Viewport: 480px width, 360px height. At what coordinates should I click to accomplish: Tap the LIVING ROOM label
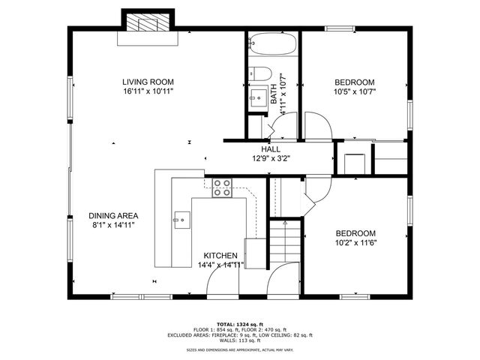(x=149, y=82)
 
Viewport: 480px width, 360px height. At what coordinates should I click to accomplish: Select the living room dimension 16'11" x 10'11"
(x=149, y=91)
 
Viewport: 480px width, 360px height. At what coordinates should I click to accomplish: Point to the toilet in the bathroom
(x=259, y=73)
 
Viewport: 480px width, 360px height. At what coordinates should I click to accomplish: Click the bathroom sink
(x=259, y=97)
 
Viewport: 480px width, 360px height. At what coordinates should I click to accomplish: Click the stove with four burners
(x=221, y=187)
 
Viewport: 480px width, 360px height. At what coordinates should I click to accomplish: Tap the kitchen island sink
(x=181, y=219)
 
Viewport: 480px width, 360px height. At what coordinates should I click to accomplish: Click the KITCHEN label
(x=218, y=255)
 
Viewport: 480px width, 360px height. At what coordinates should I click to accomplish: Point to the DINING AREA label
(x=113, y=215)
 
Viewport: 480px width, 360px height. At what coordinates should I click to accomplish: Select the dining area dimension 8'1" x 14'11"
(x=113, y=225)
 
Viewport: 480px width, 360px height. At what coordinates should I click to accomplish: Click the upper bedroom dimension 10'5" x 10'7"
(x=355, y=92)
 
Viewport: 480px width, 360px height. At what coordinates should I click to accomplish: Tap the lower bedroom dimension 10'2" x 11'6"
(x=355, y=243)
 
